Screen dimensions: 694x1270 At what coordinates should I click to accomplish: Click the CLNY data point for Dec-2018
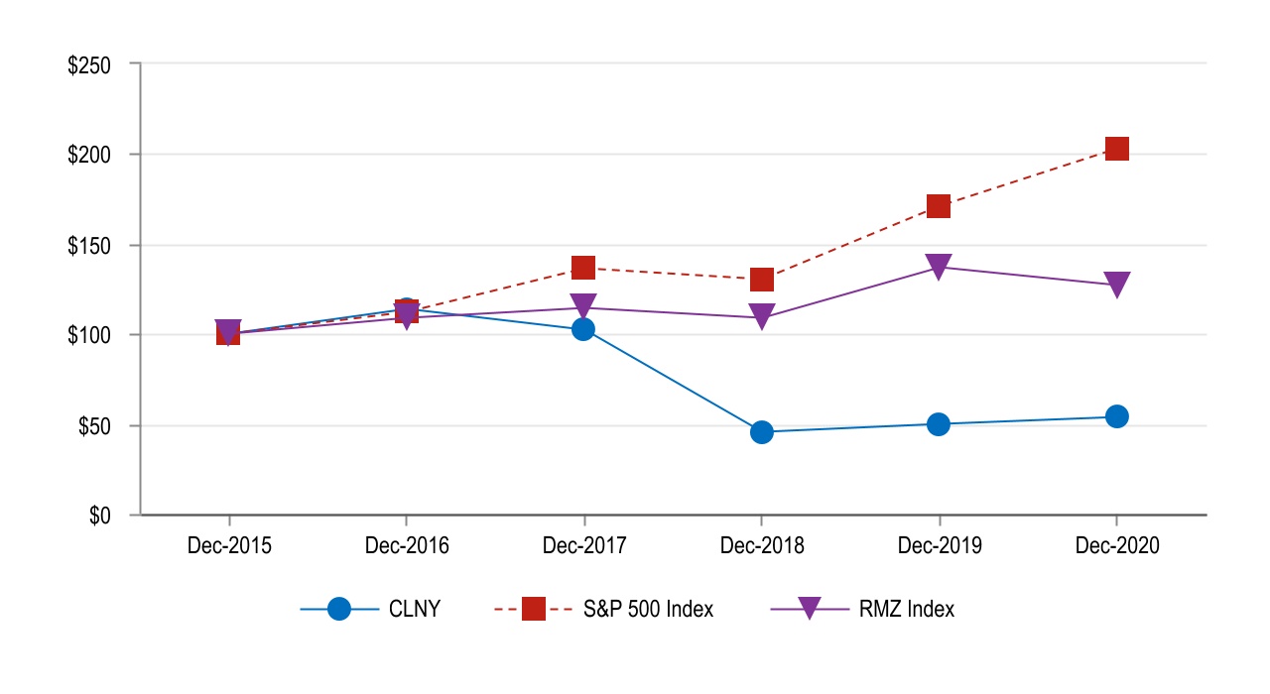coord(762,431)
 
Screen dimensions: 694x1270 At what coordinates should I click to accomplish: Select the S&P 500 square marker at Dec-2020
coord(1117,149)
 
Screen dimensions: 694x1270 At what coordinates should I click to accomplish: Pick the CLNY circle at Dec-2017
coord(583,329)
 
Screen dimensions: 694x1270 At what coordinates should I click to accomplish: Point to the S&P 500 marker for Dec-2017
coord(583,268)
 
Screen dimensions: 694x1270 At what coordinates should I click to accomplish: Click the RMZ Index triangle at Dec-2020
coord(1117,285)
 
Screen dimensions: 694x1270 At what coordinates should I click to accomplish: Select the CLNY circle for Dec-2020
coord(1117,416)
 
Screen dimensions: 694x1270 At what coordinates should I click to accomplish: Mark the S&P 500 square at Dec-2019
coord(939,206)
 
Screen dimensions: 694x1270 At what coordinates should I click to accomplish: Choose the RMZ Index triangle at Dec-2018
coord(762,316)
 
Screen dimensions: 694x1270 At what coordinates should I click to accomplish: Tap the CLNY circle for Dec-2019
coord(939,424)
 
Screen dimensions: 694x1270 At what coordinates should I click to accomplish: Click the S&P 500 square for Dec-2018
coord(762,279)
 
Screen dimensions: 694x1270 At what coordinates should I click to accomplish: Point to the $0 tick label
coord(100,517)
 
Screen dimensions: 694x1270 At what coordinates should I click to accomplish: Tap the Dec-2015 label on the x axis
coord(228,545)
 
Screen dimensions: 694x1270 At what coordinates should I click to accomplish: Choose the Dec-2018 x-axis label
coord(762,545)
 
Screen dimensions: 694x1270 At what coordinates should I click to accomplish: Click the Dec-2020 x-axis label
coord(1117,545)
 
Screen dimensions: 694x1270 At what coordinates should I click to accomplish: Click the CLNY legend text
coord(414,610)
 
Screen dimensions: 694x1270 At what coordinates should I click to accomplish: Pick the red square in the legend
coord(534,610)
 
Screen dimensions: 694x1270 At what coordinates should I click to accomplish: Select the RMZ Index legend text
coord(907,610)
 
